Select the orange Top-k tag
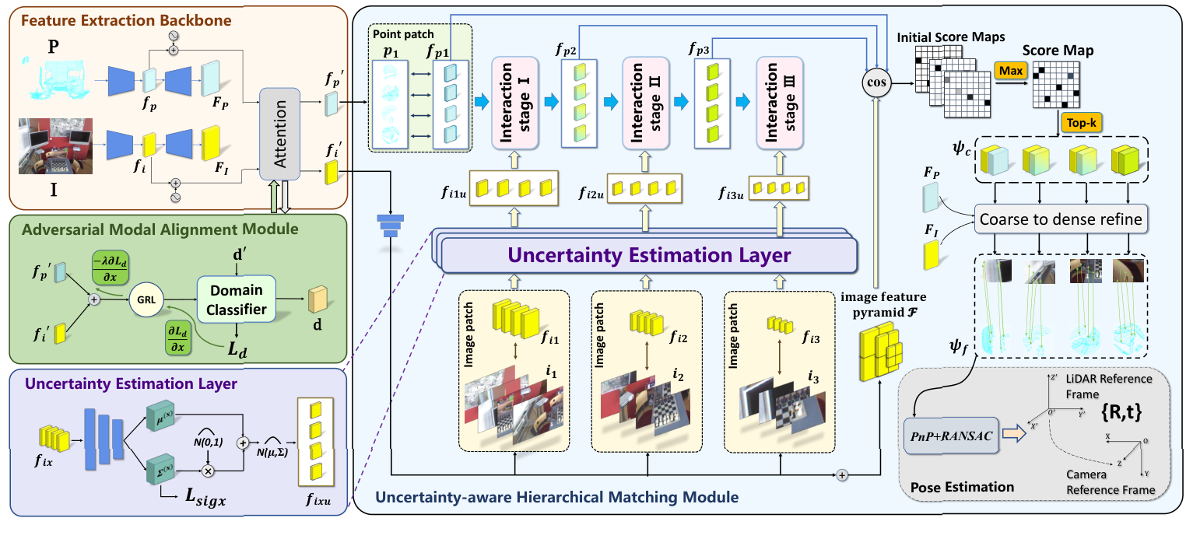tap(1079, 121)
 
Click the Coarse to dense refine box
tap(1061, 219)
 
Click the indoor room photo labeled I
tap(55, 146)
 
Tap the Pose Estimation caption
tap(962, 488)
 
